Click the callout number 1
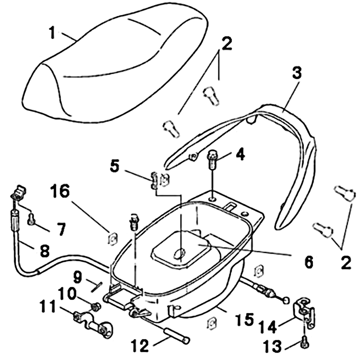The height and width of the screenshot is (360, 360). pyautogui.click(x=53, y=32)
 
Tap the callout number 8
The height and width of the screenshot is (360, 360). pyautogui.click(x=44, y=251)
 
